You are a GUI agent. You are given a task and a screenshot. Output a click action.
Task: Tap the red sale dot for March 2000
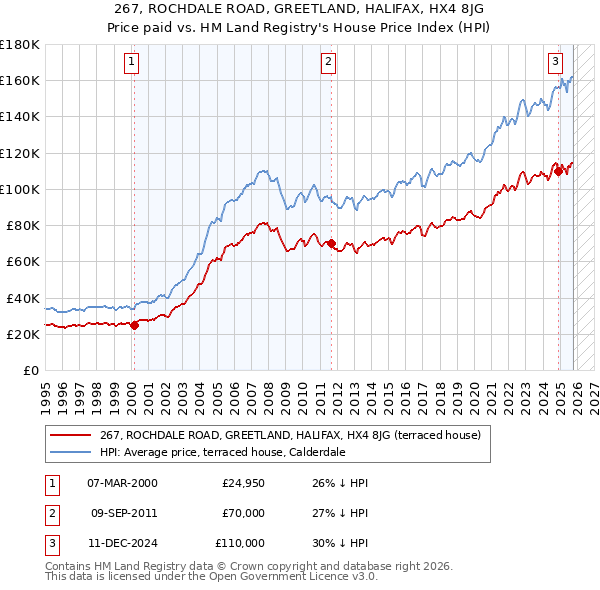(x=134, y=324)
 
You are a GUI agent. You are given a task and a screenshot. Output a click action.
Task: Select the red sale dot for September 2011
(x=331, y=242)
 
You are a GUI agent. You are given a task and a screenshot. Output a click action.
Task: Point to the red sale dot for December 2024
(x=558, y=170)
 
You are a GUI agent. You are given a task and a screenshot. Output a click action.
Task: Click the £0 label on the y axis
(x=30, y=370)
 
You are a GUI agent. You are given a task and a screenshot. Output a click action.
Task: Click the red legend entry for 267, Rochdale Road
(x=290, y=435)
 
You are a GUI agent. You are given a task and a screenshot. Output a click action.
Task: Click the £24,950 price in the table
(x=243, y=483)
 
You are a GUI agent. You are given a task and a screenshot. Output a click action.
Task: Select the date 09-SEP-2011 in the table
(x=124, y=513)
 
